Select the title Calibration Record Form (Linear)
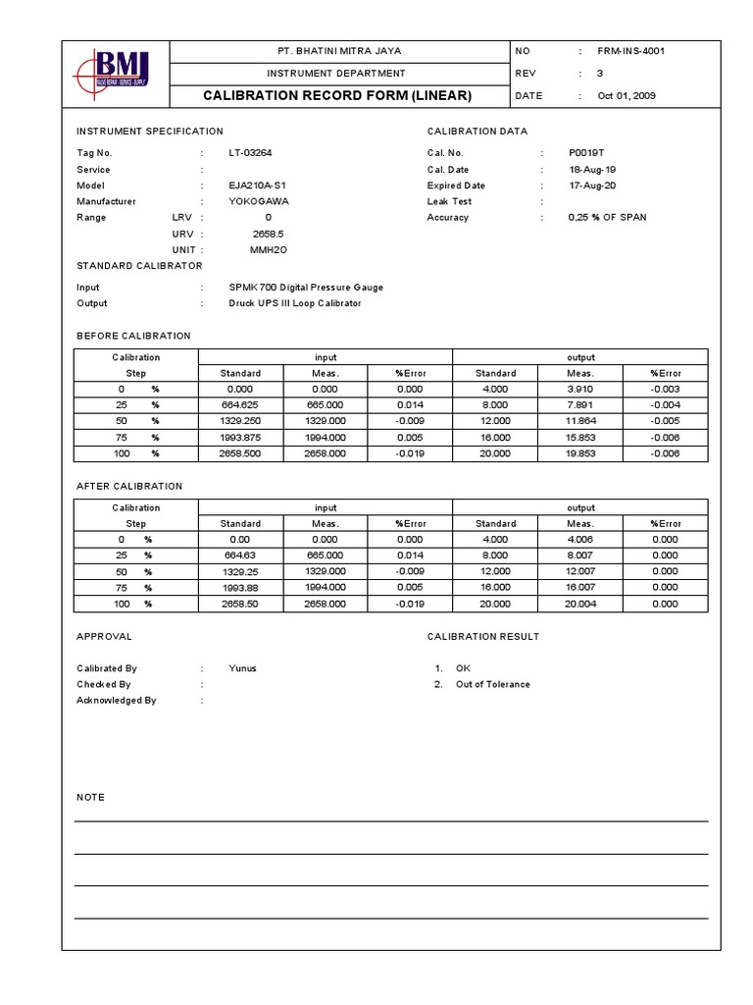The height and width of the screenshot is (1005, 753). coord(337,95)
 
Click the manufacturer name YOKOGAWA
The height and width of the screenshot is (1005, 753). coord(258,201)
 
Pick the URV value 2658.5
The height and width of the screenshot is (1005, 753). coord(268,234)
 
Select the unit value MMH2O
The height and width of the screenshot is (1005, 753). coord(268,249)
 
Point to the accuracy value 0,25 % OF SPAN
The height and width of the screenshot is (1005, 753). coord(607,217)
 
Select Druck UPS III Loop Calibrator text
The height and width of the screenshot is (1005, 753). coord(294,303)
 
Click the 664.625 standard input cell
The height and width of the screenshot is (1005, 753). coord(241,404)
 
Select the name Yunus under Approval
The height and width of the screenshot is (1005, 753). coord(242,668)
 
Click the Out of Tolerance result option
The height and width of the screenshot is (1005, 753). coord(492,684)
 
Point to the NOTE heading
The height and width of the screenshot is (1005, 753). coord(90,797)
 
